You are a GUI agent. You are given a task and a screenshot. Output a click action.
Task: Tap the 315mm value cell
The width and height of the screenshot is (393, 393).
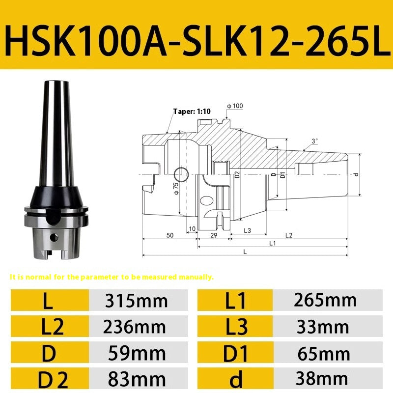pyautogui.click(x=137, y=301)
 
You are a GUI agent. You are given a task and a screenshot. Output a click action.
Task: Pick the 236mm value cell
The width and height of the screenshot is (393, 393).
pyautogui.click(x=137, y=327)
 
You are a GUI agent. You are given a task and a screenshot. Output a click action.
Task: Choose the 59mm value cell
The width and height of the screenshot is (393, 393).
pyautogui.click(x=137, y=353)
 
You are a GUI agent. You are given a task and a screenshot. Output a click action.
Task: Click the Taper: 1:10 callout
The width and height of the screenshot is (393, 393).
pyautogui.click(x=192, y=112)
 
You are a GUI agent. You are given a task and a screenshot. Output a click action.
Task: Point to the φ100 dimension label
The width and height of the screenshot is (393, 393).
pyautogui.click(x=235, y=106)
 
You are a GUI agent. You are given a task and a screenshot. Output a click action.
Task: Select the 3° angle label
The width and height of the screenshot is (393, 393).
pyautogui.click(x=314, y=140)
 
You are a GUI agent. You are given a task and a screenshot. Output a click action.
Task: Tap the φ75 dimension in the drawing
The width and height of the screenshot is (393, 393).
pyautogui.click(x=175, y=188)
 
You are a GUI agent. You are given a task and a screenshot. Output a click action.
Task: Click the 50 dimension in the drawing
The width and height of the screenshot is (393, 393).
pyautogui.click(x=169, y=235)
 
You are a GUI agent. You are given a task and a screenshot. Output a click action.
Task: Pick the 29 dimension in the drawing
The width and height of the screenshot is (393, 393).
pyautogui.click(x=213, y=235)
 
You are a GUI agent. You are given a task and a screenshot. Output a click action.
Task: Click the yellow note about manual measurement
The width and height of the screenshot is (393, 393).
pyautogui.click(x=112, y=277)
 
